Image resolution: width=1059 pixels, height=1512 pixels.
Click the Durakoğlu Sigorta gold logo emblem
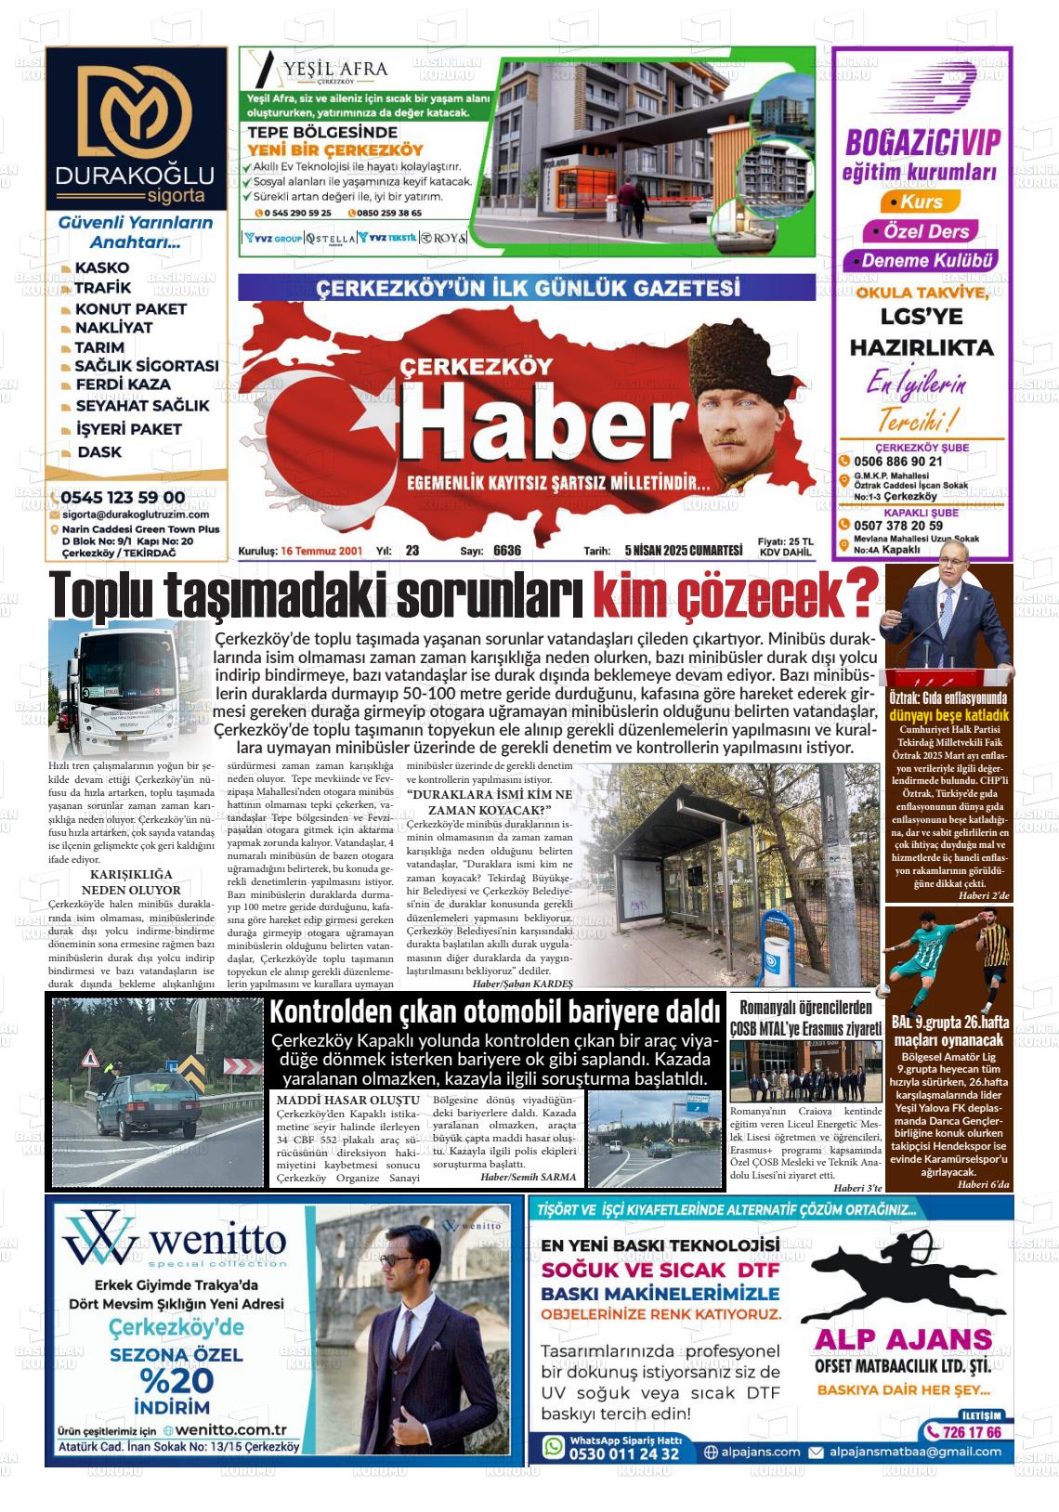click(x=135, y=111)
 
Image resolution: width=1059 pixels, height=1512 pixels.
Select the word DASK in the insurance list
click(x=99, y=452)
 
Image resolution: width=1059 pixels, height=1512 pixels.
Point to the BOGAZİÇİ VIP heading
click(x=922, y=143)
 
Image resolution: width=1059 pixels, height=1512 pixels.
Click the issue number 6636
click(x=506, y=551)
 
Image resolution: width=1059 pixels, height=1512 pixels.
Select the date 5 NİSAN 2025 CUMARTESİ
click(x=684, y=551)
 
